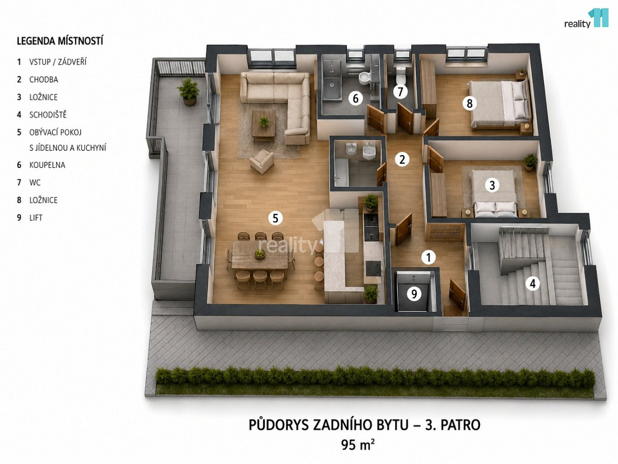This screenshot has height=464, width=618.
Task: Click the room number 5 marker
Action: point(275,218)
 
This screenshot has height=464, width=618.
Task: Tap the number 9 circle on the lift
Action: point(414,294)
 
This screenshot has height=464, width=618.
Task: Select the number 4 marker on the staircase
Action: point(532,284)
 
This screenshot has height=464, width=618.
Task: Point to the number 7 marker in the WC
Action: point(400,91)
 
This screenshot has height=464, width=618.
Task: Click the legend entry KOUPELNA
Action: point(47,165)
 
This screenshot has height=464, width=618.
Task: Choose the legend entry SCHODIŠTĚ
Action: point(48,115)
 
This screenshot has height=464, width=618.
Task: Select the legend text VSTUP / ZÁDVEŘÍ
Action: point(58,62)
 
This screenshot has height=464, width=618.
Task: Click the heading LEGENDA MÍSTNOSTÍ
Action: point(60,41)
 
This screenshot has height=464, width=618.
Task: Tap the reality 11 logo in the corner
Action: point(586,19)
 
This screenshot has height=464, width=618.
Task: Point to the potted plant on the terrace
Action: point(189,91)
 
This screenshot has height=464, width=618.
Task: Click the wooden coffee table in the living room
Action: point(263,126)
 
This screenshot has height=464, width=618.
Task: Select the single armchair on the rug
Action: point(262,161)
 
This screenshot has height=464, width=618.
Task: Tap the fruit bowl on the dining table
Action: point(260,254)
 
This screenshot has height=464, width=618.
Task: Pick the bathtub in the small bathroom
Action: point(342,172)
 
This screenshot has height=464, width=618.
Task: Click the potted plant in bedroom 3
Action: point(530,162)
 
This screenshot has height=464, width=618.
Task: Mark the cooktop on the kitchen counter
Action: point(373,269)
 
